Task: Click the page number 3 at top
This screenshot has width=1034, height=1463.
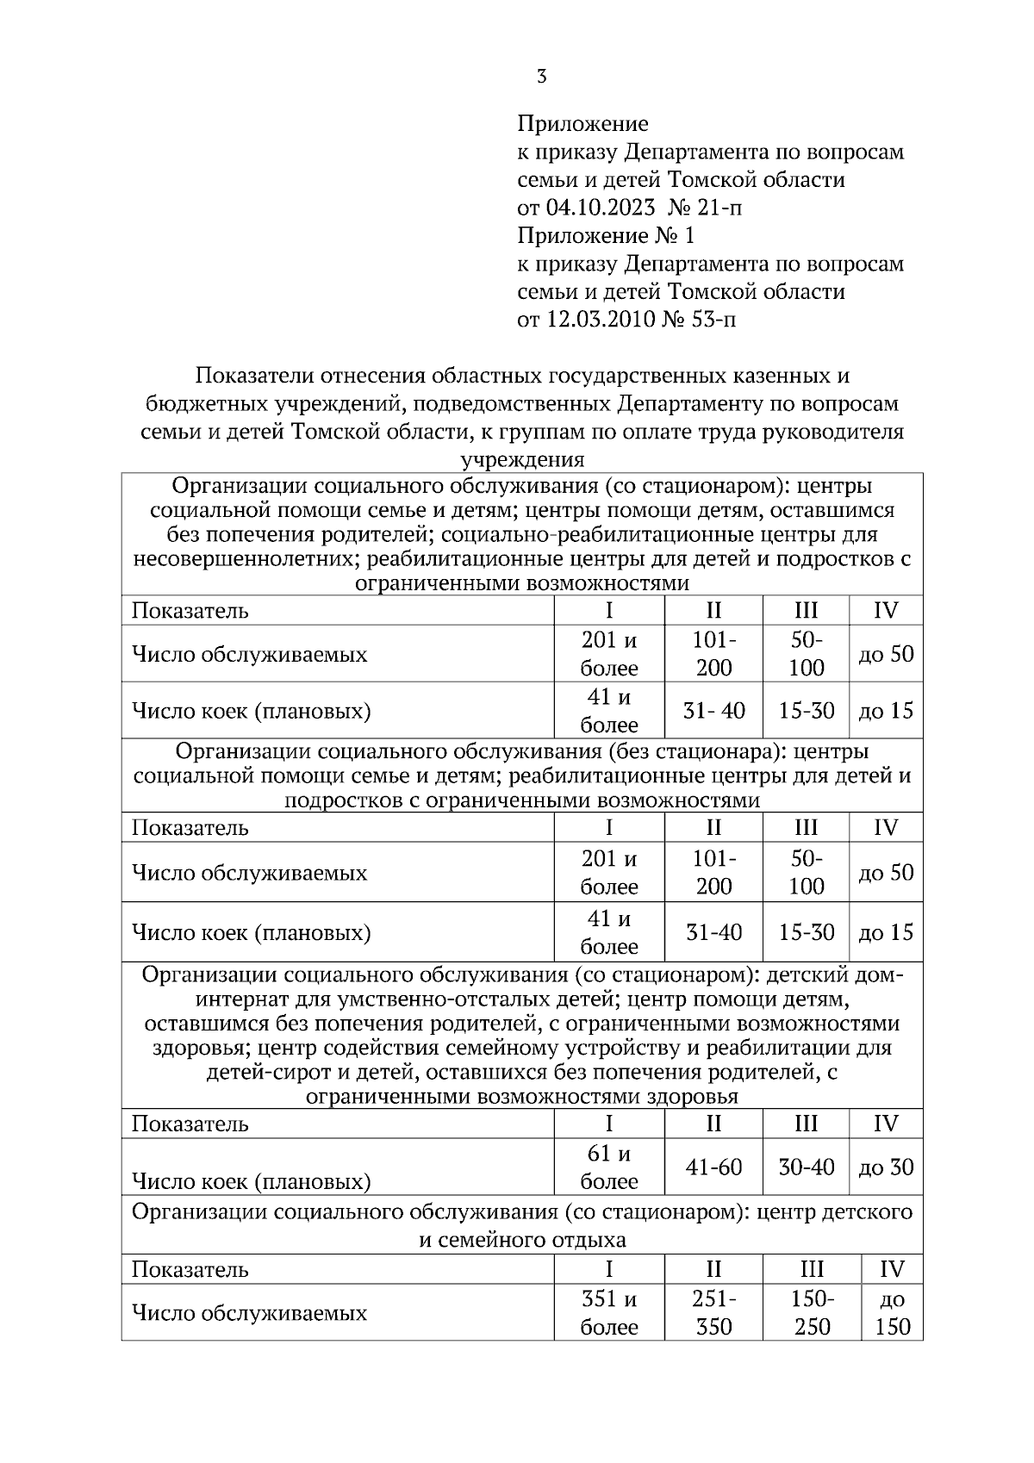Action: pyautogui.click(x=541, y=78)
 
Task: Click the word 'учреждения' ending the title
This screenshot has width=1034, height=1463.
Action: pyautogui.click(x=522, y=458)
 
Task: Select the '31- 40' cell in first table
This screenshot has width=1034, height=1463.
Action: pyautogui.click(x=713, y=711)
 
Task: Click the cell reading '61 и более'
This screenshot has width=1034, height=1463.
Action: pyautogui.click(x=608, y=1167)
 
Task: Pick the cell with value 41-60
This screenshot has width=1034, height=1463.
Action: pyautogui.click(x=713, y=1167)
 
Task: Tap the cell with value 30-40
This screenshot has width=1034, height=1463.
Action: pyautogui.click(x=806, y=1167)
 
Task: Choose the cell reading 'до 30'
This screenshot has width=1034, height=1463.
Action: pyautogui.click(x=886, y=1167)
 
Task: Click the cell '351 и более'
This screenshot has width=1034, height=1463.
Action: pyautogui.click(x=608, y=1312)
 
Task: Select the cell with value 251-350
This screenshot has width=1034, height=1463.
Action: pyautogui.click(x=713, y=1312)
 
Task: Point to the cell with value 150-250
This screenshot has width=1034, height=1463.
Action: pyautogui.click(x=812, y=1312)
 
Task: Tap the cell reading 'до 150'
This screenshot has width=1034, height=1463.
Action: pyautogui.click(x=892, y=1312)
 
